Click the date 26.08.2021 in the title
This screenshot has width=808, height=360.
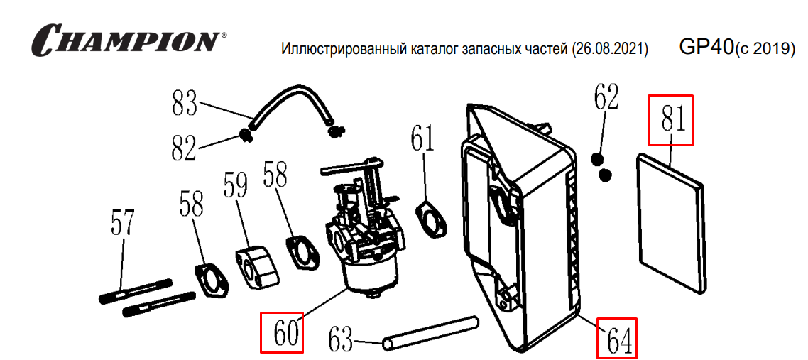610,50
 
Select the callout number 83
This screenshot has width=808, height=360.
184,104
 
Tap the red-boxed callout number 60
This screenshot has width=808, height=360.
282,332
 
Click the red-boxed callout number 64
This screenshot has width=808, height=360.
616,338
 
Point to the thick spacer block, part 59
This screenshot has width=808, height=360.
253,262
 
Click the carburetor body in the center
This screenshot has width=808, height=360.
362,241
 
